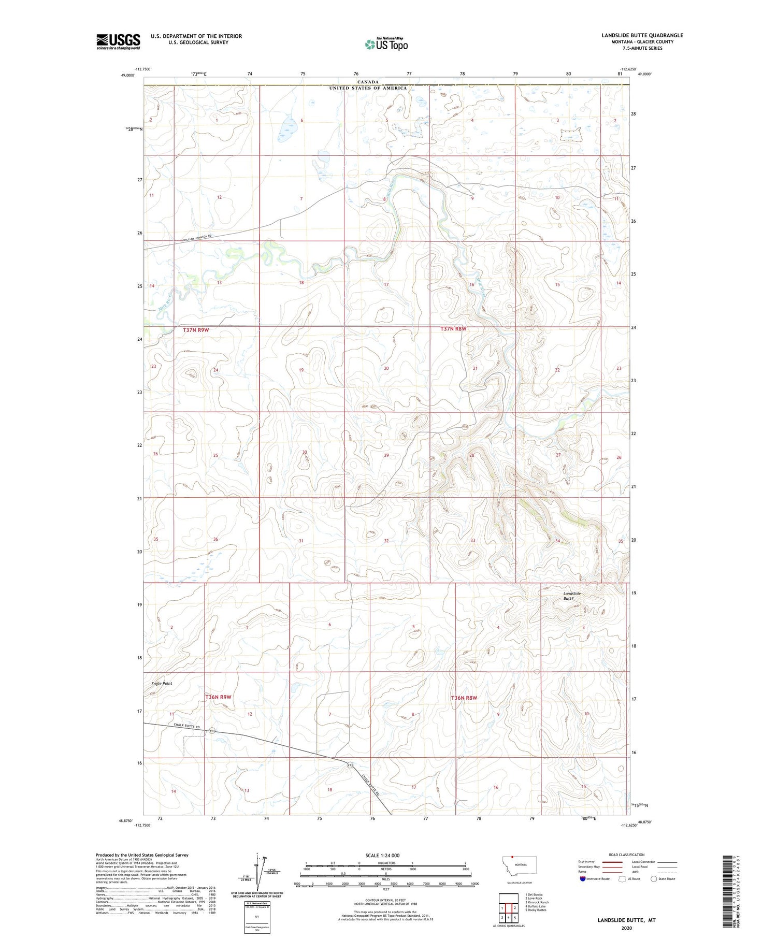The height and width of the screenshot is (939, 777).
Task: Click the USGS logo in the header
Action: [x=118, y=41]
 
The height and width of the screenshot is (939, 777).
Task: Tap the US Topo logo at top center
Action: [x=386, y=45]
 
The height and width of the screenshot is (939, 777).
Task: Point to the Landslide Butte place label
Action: [x=572, y=596]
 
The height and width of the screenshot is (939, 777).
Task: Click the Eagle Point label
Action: [x=162, y=683]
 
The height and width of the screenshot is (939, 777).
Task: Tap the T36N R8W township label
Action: [x=464, y=698]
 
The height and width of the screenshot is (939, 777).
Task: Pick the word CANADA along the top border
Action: [x=368, y=82]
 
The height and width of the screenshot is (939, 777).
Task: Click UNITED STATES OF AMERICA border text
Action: [x=368, y=88]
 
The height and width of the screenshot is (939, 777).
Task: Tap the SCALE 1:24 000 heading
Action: [x=382, y=855]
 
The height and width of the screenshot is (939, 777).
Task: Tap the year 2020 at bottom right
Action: [x=626, y=928]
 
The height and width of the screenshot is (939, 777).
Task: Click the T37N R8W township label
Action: [x=453, y=329]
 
